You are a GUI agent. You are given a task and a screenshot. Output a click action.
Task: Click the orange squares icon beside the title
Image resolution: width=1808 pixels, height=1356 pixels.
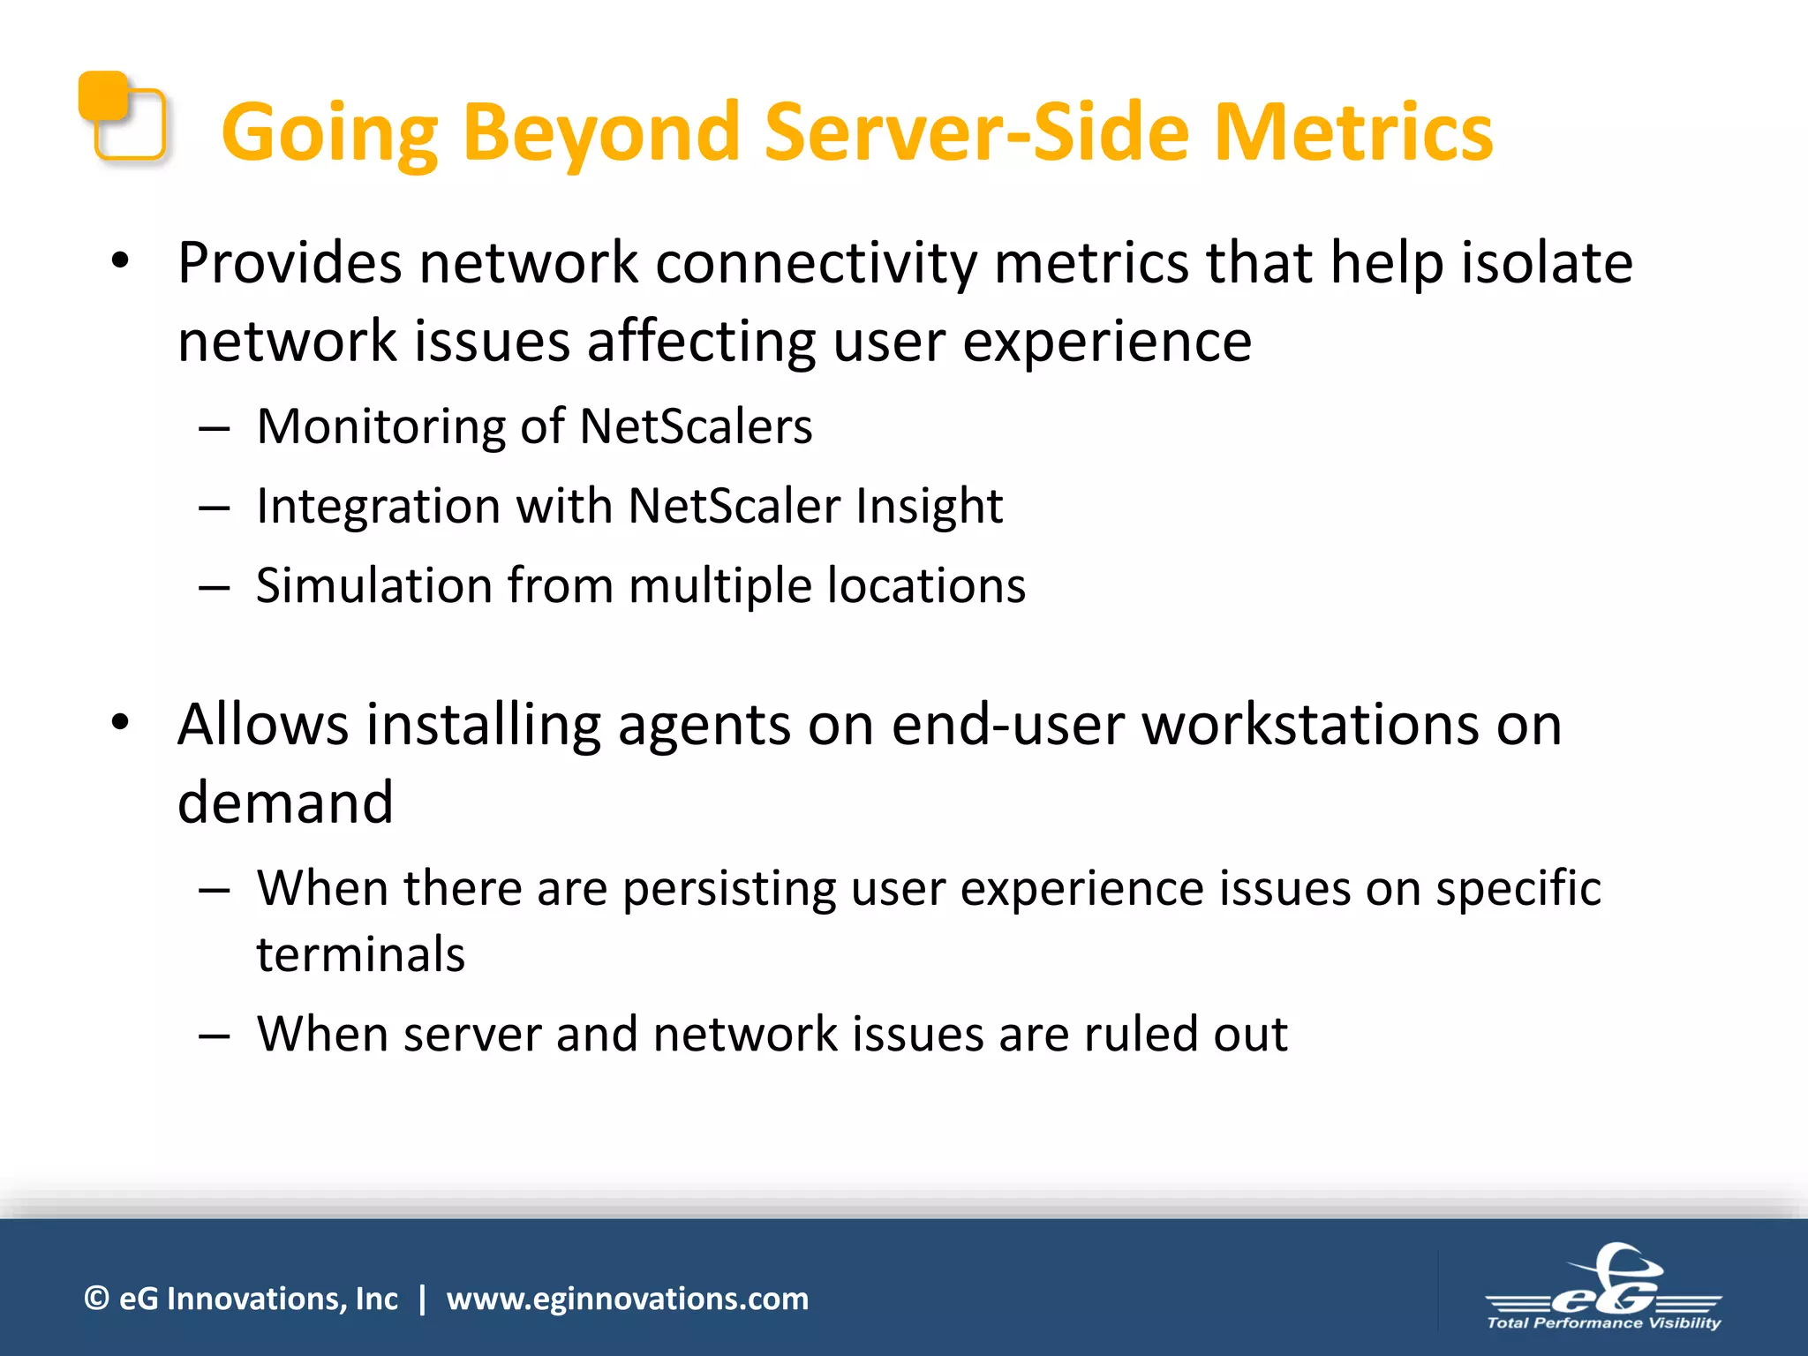coord(122,117)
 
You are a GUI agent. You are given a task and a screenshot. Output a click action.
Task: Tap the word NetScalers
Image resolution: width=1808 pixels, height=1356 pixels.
coord(696,426)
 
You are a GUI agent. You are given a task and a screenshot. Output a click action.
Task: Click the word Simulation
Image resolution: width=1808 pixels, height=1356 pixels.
coord(373,585)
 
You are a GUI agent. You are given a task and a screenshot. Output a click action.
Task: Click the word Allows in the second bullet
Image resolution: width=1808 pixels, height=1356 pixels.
coord(263,725)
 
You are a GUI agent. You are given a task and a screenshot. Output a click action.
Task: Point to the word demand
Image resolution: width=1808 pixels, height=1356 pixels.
coord(285,802)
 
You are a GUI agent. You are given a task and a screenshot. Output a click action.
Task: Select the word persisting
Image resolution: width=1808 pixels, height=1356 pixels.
coord(729,888)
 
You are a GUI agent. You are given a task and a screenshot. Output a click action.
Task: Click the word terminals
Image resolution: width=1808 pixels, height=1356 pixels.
coord(360,954)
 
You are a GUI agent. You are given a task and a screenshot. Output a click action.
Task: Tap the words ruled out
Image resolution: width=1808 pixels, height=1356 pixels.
coord(1186,1034)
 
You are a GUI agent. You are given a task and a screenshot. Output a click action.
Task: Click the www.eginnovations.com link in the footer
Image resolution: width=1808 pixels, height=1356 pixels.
coord(627,1299)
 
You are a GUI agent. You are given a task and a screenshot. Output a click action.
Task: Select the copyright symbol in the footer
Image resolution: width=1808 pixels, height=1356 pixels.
coord(96,1299)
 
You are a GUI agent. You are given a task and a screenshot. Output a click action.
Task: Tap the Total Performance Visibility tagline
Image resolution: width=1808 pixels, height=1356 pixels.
coord(1603,1322)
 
